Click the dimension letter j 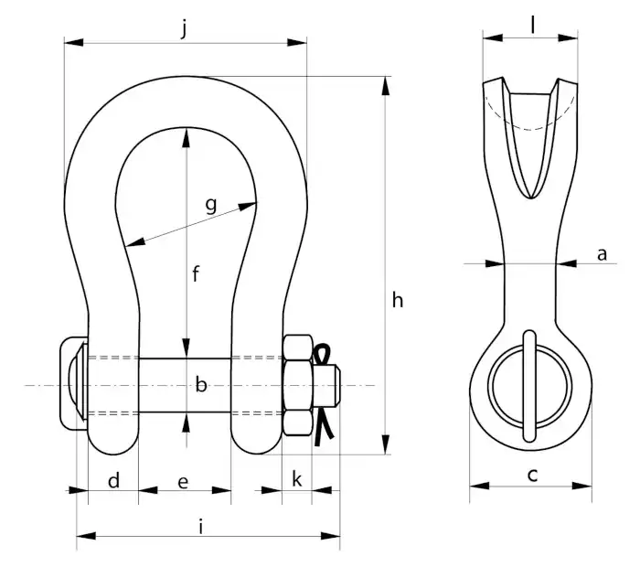point(185,28)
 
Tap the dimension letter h point(397,300)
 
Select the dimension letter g point(211,206)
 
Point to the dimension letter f point(196,273)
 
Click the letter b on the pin point(201,384)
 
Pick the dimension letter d point(114,480)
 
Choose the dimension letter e point(183,482)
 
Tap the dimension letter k point(297,478)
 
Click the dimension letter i point(201,526)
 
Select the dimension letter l point(533,25)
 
